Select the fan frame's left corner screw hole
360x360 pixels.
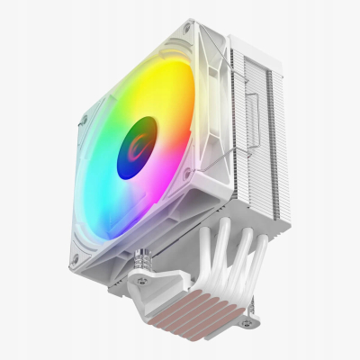(84, 119)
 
